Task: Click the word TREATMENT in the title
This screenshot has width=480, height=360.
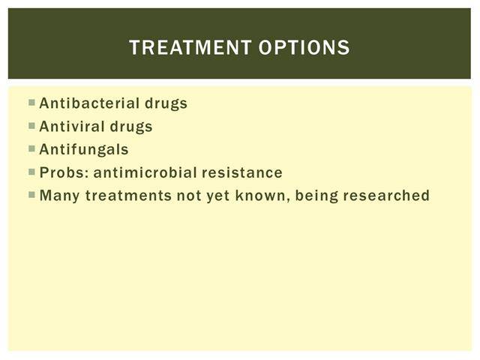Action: point(190,47)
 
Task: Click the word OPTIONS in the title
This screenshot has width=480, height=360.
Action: point(304,47)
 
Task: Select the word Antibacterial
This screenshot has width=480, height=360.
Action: point(90,103)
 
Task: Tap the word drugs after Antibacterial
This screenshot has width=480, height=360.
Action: point(166,103)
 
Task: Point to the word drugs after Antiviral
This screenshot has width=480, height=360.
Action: point(131,127)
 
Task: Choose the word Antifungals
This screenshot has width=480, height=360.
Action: point(84,150)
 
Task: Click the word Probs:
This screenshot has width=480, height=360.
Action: point(64,172)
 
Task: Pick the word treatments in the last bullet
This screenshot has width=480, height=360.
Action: point(128,196)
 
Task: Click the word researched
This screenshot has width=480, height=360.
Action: point(386,195)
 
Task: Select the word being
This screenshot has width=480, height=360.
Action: point(316,196)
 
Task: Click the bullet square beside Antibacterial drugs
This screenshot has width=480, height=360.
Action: point(31,102)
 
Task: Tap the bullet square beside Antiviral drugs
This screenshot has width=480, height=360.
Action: point(31,125)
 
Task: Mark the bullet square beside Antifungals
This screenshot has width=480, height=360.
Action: point(31,148)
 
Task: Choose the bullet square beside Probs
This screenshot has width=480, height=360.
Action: point(31,172)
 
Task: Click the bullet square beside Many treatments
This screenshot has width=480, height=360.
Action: point(31,195)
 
